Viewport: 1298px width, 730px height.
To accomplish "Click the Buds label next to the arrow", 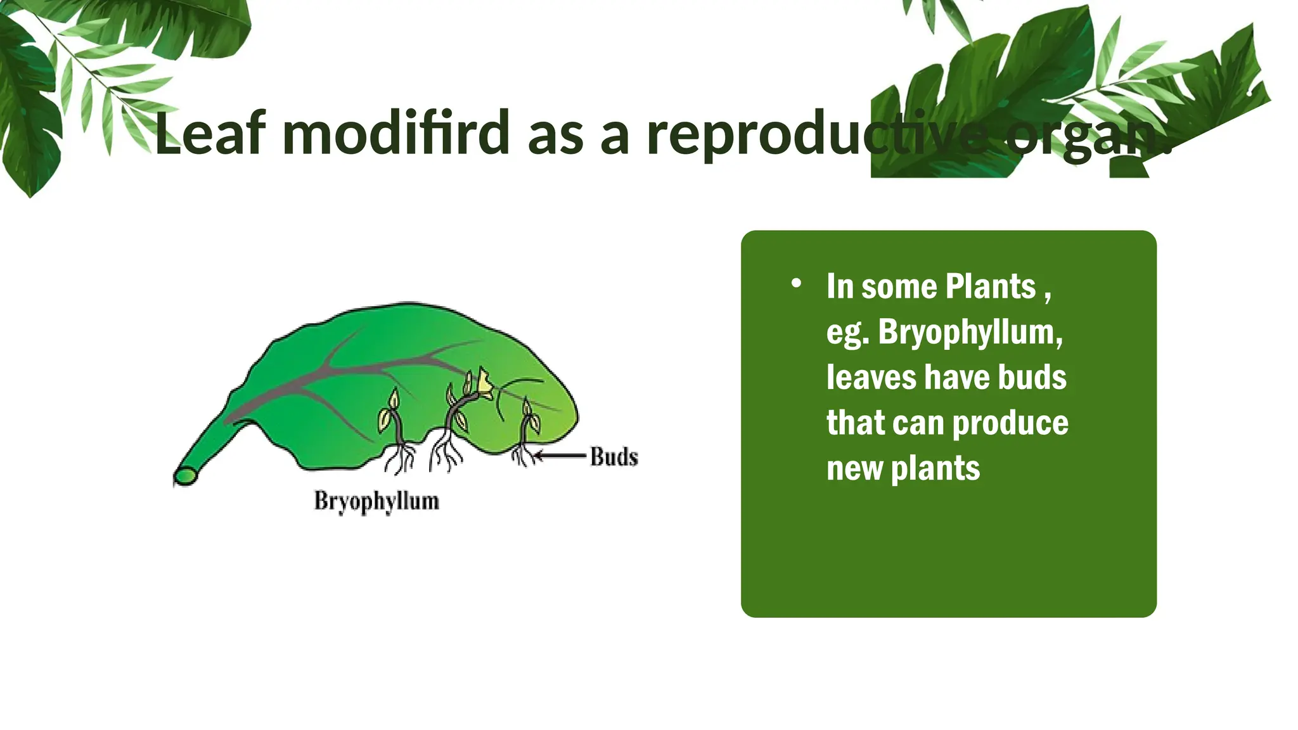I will [614, 457].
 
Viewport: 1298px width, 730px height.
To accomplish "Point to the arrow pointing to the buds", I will [560, 455].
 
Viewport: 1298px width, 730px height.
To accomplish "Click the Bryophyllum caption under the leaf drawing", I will [376, 501].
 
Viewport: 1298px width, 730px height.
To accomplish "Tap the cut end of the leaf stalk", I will [186, 477].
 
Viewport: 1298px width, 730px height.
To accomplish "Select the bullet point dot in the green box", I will [796, 284].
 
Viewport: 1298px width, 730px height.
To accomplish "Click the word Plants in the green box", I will [990, 286].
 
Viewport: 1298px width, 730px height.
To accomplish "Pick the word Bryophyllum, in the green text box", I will [970, 332].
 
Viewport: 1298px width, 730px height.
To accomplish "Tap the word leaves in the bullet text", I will [872, 377].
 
